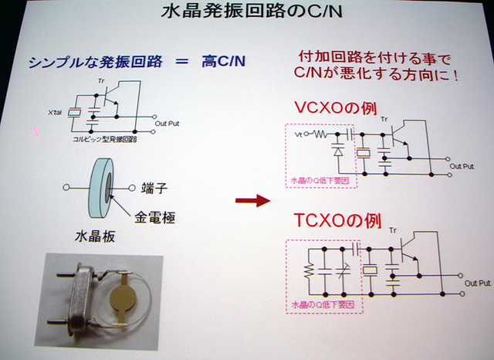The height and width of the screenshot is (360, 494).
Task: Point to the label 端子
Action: click(x=154, y=187)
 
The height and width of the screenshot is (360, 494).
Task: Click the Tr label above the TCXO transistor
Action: click(x=393, y=229)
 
